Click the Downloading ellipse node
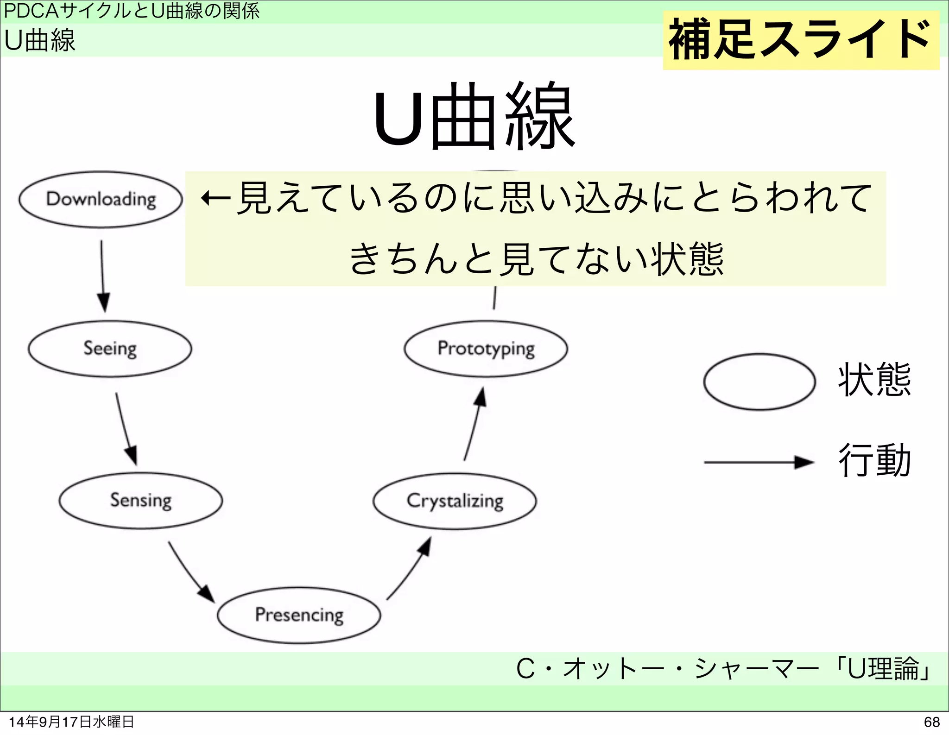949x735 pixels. (101, 200)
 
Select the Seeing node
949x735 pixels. (110, 349)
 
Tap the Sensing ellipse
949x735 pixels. (140, 501)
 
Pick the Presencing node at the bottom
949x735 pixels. (299, 615)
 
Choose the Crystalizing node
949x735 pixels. (455, 501)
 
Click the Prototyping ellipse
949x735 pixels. (486, 349)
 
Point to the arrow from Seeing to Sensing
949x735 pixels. (126, 428)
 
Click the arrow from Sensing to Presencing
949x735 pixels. (190, 572)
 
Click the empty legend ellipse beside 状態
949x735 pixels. (759, 382)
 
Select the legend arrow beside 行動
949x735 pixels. (758, 462)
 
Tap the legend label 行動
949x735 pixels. (874, 461)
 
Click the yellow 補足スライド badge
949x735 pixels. (801, 41)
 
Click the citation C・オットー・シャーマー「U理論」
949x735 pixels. (723, 669)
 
